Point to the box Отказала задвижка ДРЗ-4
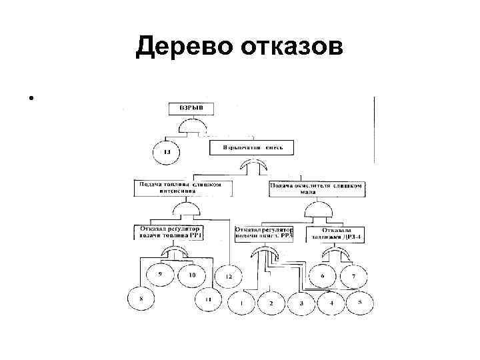coord(337,233)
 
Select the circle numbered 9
coord(160,275)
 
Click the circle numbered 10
coord(193,275)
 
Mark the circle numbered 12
coord(228,276)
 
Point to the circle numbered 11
coord(209,300)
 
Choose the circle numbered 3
coord(301,304)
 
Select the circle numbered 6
coord(323,275)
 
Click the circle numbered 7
coord(354,275)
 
